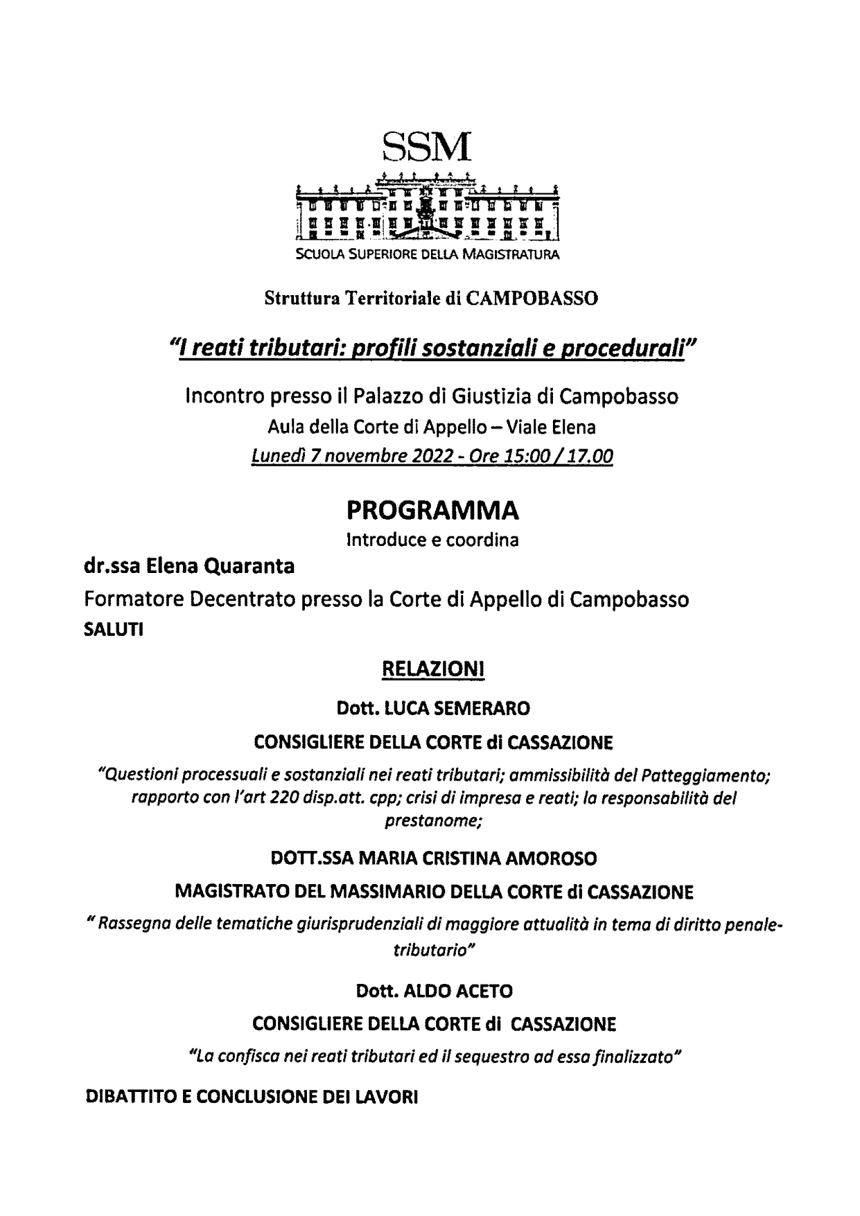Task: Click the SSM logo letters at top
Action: pos(426,146)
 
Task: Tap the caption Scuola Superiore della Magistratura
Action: pos(427,254)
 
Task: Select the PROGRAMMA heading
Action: pos(432,511)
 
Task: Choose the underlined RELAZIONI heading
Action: pos(432,670)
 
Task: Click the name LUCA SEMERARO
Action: pos(457,708)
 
